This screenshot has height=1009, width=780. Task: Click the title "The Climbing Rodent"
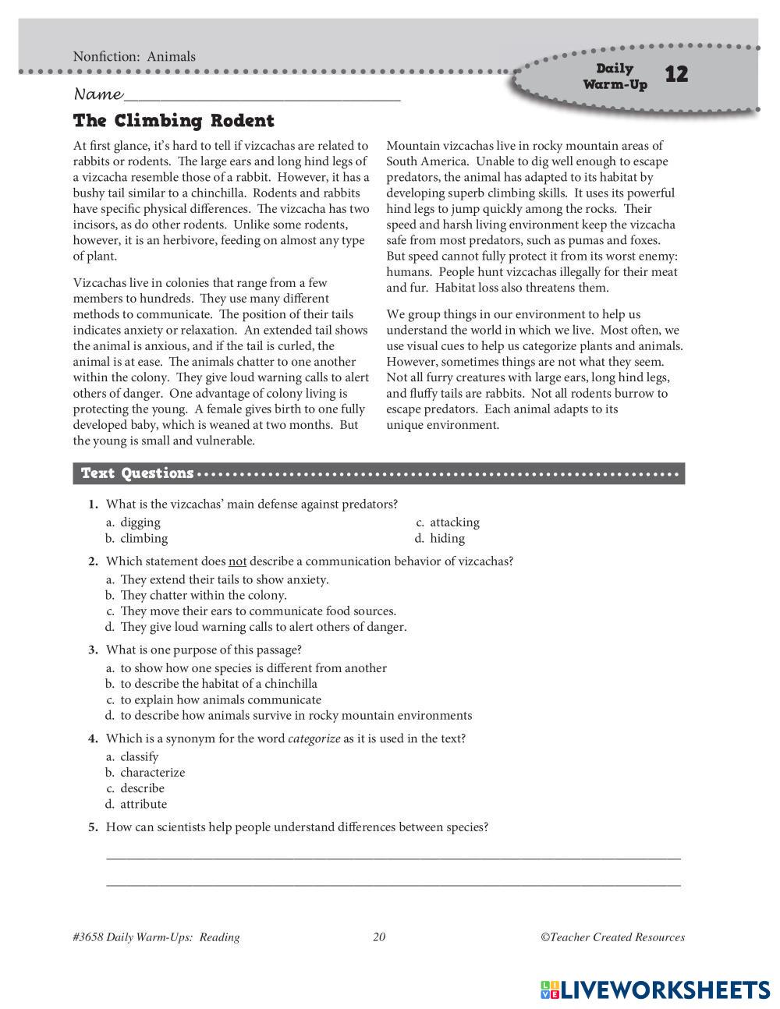[173, 121]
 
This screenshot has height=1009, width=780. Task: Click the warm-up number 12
[676, 74]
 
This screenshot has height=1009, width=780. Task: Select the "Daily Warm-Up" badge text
[615, 76]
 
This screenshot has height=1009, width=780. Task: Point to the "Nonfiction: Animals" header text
[134, 56]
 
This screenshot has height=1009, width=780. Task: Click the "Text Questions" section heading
[137, 473]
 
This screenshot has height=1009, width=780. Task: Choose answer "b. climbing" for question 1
[137, 538]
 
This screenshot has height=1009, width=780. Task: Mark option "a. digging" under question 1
[133, 522]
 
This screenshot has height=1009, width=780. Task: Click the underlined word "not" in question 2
[237, 561]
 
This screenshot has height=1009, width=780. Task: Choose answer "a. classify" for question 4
[132, 756]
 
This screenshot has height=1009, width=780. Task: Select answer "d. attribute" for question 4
[136, 804]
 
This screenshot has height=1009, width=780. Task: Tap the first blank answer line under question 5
[393, 856]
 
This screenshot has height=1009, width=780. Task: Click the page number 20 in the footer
[379, 937]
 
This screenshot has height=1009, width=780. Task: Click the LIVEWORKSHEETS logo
[655, 990]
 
